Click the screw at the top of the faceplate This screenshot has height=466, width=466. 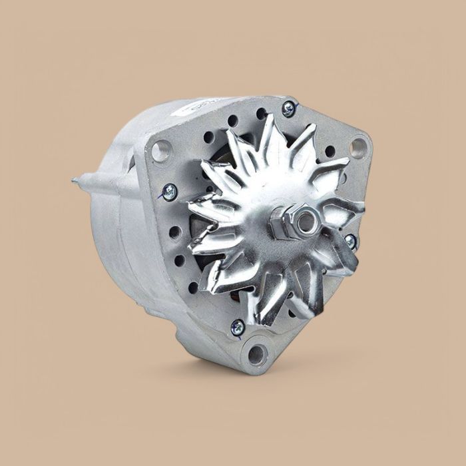point(288,109)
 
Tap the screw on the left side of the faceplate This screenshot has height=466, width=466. point(169,192)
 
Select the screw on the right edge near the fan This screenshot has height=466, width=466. point(350,241)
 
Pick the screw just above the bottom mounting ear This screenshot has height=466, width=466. point(238,327)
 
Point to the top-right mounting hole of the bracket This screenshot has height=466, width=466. point(357,146)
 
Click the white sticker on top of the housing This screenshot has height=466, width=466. point(200,106)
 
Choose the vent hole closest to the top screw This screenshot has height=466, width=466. point(262,114)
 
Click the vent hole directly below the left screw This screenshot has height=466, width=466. point(174,232)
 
